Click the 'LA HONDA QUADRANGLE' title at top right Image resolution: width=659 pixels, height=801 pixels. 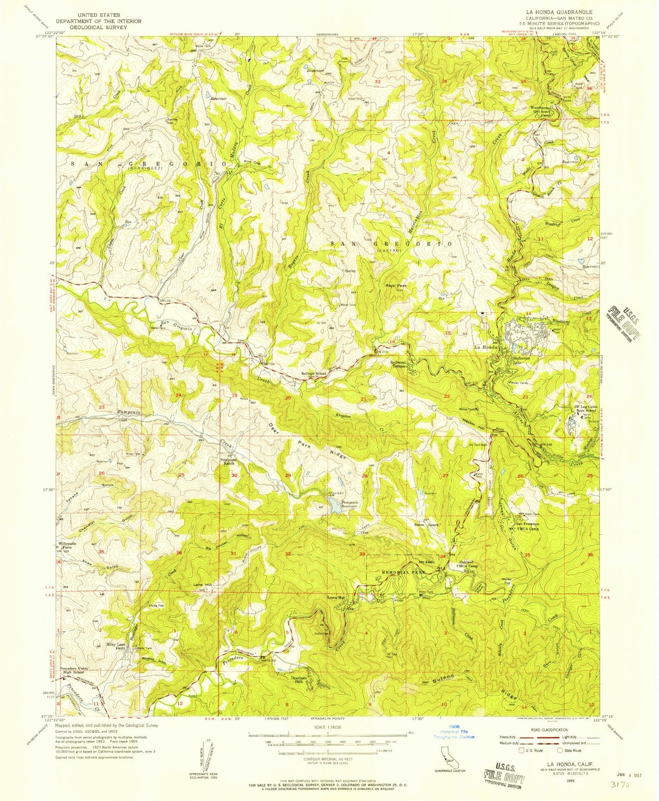pos(561,12)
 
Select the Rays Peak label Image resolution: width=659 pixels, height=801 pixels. pos(395,286)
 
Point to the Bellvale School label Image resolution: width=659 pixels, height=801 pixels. pos(314,374)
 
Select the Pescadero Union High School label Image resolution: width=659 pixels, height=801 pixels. pos(73,670)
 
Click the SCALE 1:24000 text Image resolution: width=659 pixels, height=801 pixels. pos(327,728)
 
